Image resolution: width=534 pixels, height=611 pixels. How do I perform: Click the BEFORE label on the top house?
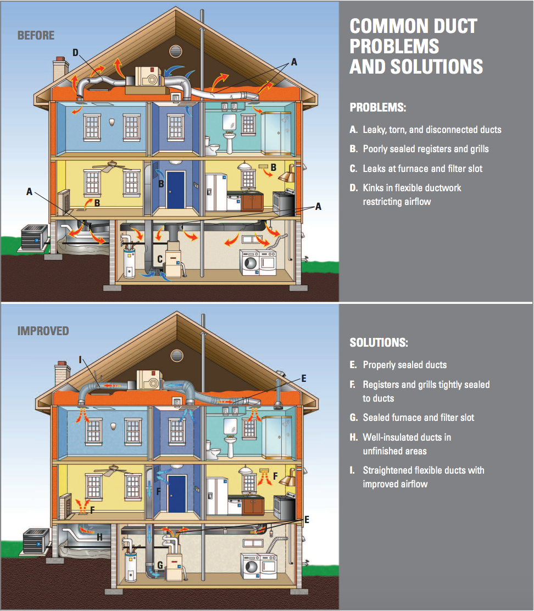(36, 36)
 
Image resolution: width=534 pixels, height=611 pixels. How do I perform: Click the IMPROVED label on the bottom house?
(43, 331)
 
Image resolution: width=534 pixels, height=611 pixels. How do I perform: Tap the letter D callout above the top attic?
(76, 53)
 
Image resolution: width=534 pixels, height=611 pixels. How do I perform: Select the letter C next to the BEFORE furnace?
(160, 259)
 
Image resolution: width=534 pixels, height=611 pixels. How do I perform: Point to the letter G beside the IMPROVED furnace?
(160, 565)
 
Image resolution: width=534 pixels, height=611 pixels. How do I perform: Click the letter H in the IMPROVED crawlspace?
(99, 537)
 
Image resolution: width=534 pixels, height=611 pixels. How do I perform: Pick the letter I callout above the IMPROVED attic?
(80, 360)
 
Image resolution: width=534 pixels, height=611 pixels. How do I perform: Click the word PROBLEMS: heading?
(378, 108)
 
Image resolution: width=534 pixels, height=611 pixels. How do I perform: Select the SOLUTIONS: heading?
(379, 342)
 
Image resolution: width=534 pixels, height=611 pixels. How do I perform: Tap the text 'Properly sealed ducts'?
(405, 365)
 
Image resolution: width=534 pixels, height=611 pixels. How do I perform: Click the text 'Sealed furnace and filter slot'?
(418, 418)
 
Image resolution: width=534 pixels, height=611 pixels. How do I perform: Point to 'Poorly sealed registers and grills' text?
(426, 149)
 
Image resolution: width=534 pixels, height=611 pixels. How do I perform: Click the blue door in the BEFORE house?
(175, 190)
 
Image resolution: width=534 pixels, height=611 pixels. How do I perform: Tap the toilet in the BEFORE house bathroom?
(212, 146)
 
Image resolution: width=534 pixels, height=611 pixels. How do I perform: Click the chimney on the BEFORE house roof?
(60, 70)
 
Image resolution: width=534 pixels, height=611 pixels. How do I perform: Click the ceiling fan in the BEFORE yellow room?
(112, 165)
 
